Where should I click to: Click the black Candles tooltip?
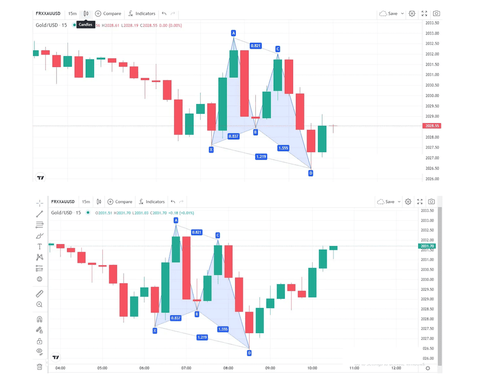point(85,25)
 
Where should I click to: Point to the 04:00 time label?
point(60,368)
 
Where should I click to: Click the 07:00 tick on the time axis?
point(186,368)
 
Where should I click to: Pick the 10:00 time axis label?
point(312,368)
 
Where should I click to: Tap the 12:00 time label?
point(396,368)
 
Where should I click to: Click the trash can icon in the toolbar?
point(40,366)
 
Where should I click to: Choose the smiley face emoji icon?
point(40,279)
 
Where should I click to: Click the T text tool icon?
point(40,246)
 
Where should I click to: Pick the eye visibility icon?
point(40,351)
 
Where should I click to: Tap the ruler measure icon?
point(40,294)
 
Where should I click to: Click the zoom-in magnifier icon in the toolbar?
point(40,304)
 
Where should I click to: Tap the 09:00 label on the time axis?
point(270,368)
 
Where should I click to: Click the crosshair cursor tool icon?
point(40,202)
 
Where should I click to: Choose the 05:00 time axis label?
point(102,368)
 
